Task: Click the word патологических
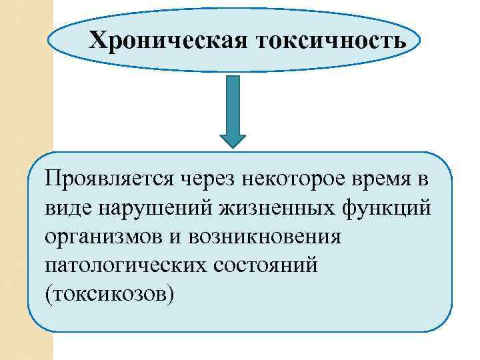pos(127,265)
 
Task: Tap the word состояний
pos(267,265)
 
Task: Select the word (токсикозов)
pos(110,294)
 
